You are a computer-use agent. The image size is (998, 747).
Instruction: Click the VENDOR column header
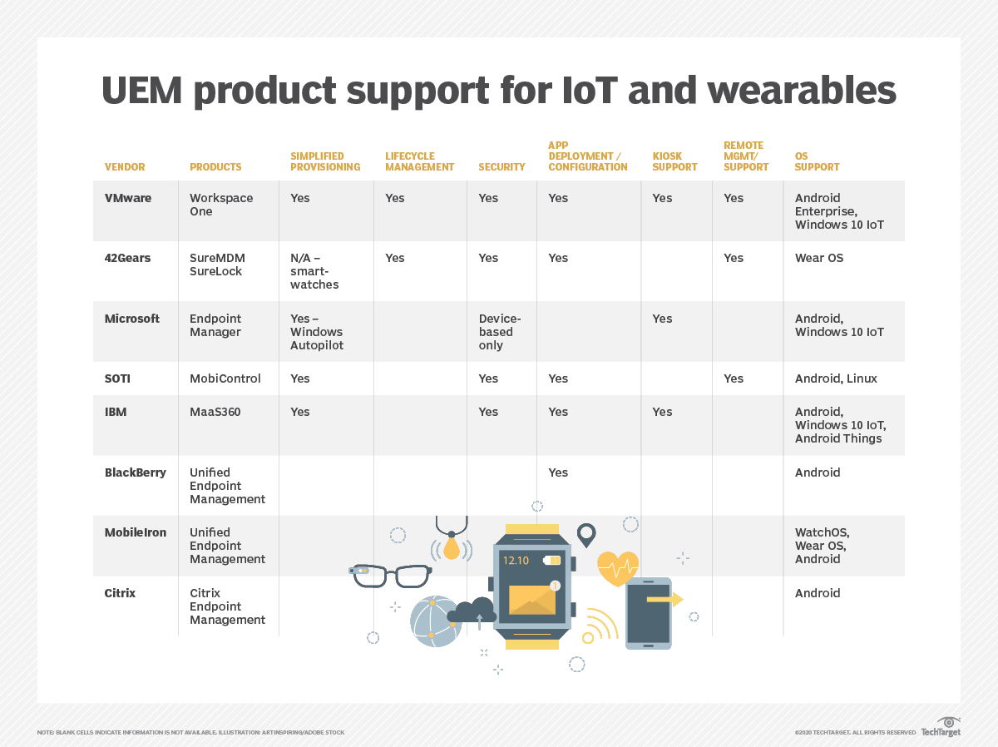[125, 167]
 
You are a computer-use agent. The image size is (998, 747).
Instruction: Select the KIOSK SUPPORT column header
[674, 161]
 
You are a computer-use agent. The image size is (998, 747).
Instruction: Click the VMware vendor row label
[127, 198]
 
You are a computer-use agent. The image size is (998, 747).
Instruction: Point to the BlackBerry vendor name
[135, 472]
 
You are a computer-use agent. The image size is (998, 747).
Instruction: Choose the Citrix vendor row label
[120, 593]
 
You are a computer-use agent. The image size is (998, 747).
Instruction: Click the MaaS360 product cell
[215, 412]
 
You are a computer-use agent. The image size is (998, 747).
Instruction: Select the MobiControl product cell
[225, 378]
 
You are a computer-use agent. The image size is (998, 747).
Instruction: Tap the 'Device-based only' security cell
[500, 332]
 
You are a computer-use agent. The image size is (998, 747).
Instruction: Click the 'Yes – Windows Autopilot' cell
[316, 332]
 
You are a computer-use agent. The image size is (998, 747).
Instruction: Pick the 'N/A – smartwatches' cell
[314, 271]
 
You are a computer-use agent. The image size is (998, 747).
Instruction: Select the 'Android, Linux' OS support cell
[836, 378]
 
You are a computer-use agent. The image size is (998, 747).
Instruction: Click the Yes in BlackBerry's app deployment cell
[558, 472]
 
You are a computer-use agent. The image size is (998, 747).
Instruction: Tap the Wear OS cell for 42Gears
[818, 258]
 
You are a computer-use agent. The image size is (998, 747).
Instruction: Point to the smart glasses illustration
[390, 574]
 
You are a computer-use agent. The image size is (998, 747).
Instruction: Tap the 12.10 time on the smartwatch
[516, 561]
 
